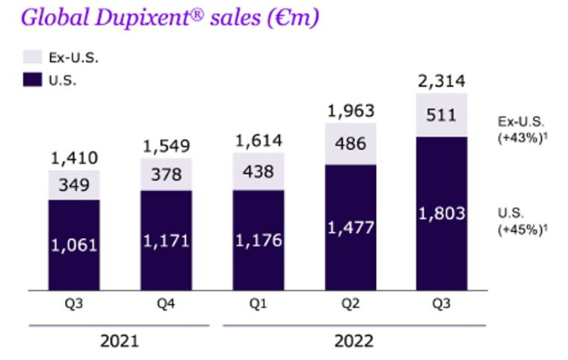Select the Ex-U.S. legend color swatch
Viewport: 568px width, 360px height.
pos(32,57)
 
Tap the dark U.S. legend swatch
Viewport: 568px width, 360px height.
pos(32,80)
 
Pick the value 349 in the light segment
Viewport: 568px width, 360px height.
pos(74,184)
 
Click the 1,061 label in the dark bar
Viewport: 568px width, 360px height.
pos(74,243)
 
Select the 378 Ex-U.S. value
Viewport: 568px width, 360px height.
pos(166,174)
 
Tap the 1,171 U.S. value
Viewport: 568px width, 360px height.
pos(166,240)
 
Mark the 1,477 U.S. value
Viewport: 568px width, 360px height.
pos(350,229)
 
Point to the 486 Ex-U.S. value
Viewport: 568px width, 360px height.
pos(350,144)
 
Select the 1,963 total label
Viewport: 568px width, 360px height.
pos(350,111)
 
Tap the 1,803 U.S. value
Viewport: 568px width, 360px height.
pos(442,214)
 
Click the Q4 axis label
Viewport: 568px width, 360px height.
pos(166,305)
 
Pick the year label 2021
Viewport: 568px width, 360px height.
pos(120,342)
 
